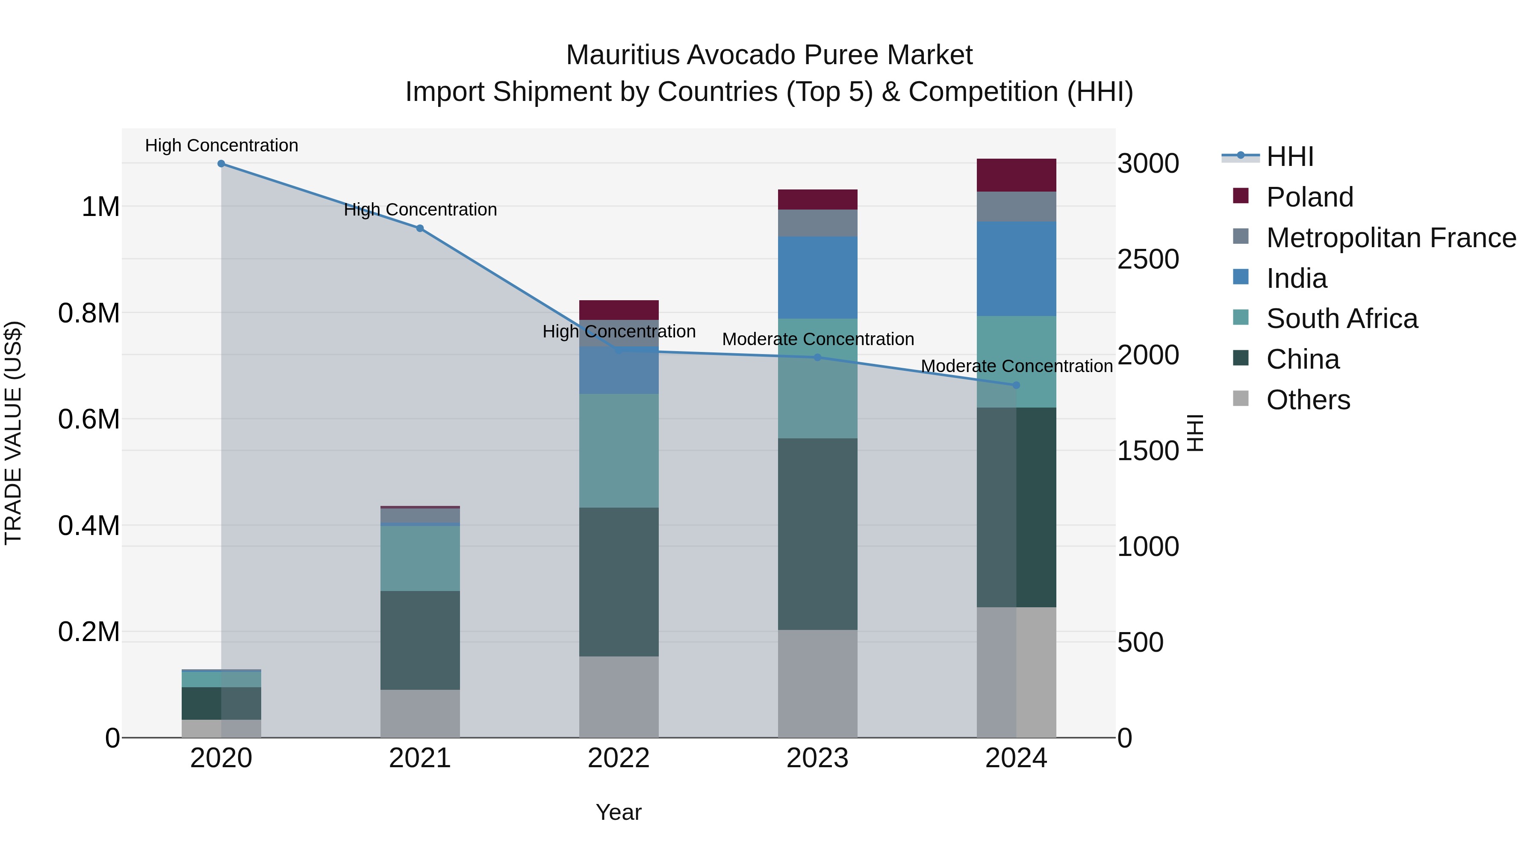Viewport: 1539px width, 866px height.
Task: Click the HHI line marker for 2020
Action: click(x=221, y=164)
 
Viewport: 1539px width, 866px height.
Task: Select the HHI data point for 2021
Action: click(x=420, y=228)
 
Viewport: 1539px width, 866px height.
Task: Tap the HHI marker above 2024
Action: click(x=1016, y=385)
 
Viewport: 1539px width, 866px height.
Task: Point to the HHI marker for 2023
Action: click(x=817, y=358)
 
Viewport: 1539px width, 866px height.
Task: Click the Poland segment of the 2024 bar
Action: click(x=1016, y=175)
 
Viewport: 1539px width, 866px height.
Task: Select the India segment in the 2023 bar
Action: click(x=817, y=277)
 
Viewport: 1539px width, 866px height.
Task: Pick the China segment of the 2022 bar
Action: click(x=619, y=582)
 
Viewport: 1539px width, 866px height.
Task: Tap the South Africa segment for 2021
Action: click(x=420, y=558)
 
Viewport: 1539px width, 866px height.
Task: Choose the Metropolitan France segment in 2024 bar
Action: click(x=1016, y=207)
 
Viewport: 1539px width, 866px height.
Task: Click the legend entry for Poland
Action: click(x=1309, y=197)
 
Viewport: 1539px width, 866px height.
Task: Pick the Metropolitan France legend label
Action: click(x=1391, y=238)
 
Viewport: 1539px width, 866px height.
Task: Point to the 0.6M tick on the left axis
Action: click(x=89, y=420)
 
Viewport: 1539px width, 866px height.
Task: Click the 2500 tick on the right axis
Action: click(x=1148, y=260)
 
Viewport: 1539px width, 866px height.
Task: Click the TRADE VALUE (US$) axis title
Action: click(x=13, y=433)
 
